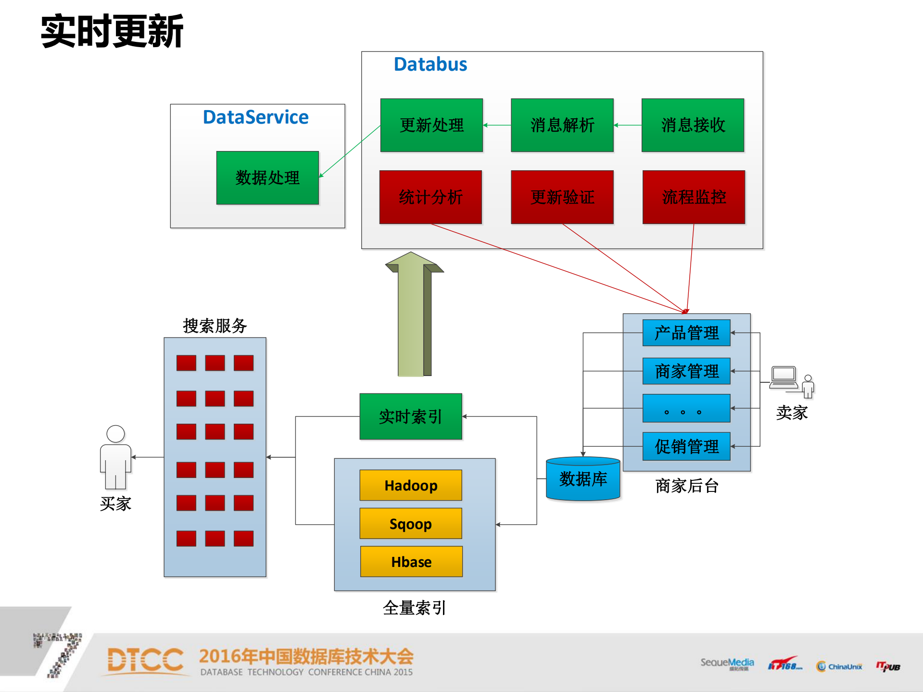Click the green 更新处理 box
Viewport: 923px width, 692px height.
[431, 126]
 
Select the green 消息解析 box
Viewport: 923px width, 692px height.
[562, 126]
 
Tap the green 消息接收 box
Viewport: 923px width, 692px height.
[693, 126]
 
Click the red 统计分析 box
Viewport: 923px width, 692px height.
[430, 197]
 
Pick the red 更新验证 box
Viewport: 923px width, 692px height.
[562, 197]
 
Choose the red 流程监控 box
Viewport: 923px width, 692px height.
[694, 197]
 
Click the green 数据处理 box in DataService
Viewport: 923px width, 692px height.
[267, 178]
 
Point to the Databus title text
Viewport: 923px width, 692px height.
[430, 64]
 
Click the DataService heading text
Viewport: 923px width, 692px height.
[255, 117]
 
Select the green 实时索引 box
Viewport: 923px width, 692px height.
[411, 416]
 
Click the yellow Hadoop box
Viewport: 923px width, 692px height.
[411, 485]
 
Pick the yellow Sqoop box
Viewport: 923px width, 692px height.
[411, 523]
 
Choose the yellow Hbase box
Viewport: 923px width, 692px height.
[411, 561]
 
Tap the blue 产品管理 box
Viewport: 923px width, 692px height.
[686, 333]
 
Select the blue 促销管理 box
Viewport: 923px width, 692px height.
[686, 447]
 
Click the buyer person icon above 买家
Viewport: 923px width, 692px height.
[115, 457]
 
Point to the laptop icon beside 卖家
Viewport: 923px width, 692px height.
[784, 378]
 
